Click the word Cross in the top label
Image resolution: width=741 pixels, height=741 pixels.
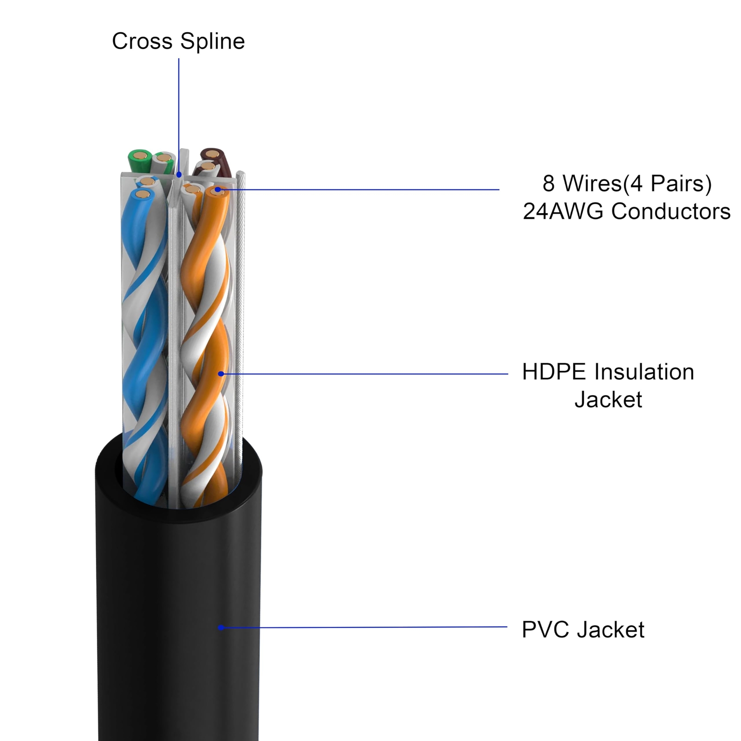143,41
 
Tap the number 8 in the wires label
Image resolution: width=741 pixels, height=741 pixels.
548,183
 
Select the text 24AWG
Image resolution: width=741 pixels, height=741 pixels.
563,212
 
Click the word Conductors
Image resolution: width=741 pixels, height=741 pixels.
671,212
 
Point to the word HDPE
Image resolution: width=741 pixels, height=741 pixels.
554,372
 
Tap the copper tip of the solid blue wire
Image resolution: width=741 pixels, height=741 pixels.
144,194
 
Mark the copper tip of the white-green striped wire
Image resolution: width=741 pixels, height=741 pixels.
163,158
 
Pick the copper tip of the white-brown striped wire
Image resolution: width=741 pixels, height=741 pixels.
207,166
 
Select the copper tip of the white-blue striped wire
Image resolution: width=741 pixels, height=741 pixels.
146,181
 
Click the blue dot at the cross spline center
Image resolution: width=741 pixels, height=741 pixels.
179,175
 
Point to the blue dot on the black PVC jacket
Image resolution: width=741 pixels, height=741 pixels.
221,628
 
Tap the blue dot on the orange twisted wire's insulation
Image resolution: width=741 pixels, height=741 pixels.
221,373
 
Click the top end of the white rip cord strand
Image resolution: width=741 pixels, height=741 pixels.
240,175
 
